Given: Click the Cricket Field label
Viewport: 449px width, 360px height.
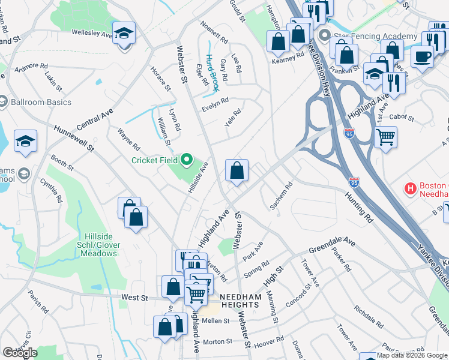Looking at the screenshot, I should (x=154, y=160).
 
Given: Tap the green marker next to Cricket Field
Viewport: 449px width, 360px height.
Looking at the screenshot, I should (x=186, y=160).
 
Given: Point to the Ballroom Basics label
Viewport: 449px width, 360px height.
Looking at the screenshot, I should (x=42, y=102).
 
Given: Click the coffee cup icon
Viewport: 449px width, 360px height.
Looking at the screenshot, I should (x=421, y=57).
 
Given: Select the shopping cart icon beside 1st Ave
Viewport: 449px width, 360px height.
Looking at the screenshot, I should (x=385, y=136).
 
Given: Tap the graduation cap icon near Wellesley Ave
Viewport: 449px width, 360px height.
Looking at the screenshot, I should (x=124, y=34).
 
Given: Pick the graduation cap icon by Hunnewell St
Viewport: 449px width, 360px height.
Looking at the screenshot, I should (x=25, y=141).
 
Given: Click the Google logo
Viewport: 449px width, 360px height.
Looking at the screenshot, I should (x=19, y=353).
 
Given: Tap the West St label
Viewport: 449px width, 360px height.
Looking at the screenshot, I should (x=134, y=298).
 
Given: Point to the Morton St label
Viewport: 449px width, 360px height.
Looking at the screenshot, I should (x=217, y=341).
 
